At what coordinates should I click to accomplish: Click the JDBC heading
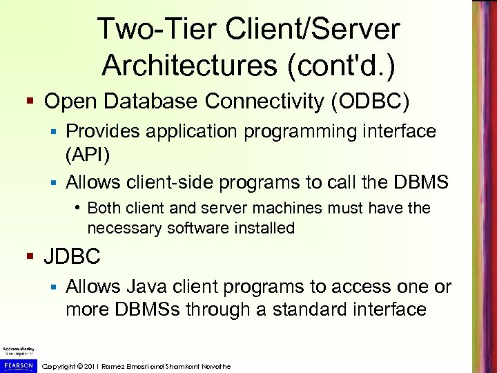coord(72,257)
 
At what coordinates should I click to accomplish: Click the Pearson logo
coord(17,365)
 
